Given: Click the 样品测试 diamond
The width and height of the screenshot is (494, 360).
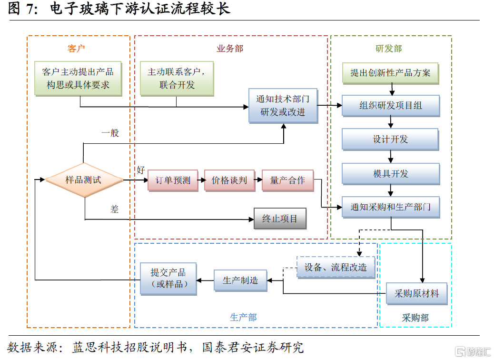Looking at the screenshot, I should pos(83,180).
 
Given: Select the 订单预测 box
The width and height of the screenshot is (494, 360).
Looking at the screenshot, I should pos(172,180).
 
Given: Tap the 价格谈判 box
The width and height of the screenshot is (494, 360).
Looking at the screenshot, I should pos(229,180).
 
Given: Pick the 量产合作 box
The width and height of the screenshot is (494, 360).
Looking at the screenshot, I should pos(287,180).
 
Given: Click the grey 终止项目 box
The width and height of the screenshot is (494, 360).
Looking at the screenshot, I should pos(279,219).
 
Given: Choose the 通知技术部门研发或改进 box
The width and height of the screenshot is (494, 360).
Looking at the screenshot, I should pos(283,106).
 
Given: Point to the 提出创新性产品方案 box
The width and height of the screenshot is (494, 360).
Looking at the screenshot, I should pos(390,73).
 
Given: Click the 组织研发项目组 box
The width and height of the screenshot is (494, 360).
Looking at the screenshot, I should pos(390,106).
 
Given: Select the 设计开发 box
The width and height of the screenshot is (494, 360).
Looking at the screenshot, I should pos(390,140).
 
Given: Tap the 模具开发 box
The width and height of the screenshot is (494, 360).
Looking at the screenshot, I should pos(390,174).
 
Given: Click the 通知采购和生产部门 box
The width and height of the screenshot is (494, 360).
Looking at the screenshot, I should pos(390,207).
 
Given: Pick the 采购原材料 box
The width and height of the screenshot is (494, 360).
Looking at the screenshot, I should pos(416,294).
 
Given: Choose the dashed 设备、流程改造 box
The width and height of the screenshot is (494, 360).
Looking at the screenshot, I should pos(336,268).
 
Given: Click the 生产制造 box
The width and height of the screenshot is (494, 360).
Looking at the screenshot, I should pos(240,280).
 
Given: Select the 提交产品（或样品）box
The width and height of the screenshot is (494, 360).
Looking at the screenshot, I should pos(168,279).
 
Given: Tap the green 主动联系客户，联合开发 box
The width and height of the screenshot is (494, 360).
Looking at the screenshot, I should pos(177,79).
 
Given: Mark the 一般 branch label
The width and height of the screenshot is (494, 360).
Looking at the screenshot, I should pos(110,133).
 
